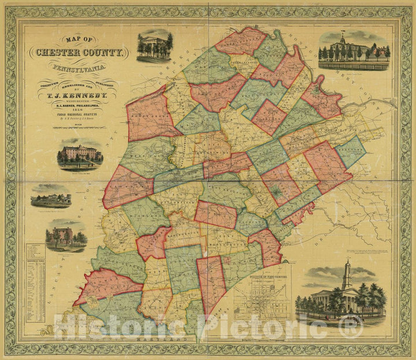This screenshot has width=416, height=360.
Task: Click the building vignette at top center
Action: [155, 45]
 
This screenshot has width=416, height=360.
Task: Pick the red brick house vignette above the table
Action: [65, 236]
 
